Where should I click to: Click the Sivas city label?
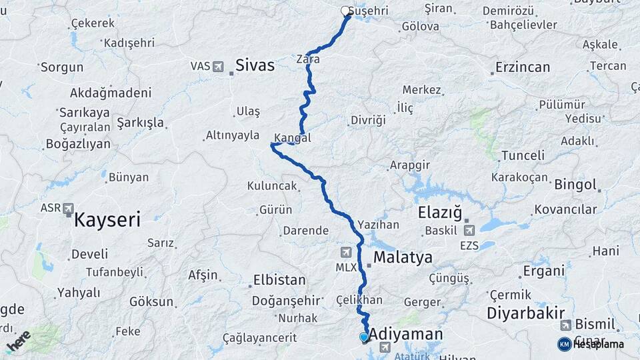coord(255,65)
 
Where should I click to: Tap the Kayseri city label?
coord(107,219)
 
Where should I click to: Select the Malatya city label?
coord(403,257)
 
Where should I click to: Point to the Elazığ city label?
coord(439,213)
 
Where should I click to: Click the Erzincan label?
coord(523,67)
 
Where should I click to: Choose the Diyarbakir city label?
coord(526,313)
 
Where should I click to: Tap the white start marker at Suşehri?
coord(345,11)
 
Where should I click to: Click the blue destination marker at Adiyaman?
coord(364,337)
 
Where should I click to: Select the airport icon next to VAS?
coord(219,66)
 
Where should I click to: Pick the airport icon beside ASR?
coord(69,209)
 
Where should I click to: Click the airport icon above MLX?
coord(345,252)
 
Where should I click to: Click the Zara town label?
coord(308,59)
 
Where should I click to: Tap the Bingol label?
coord(575,184)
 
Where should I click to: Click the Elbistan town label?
coord(279,280)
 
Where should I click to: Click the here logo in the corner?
coord(18,341)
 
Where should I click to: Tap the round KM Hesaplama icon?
coord(565,344)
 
